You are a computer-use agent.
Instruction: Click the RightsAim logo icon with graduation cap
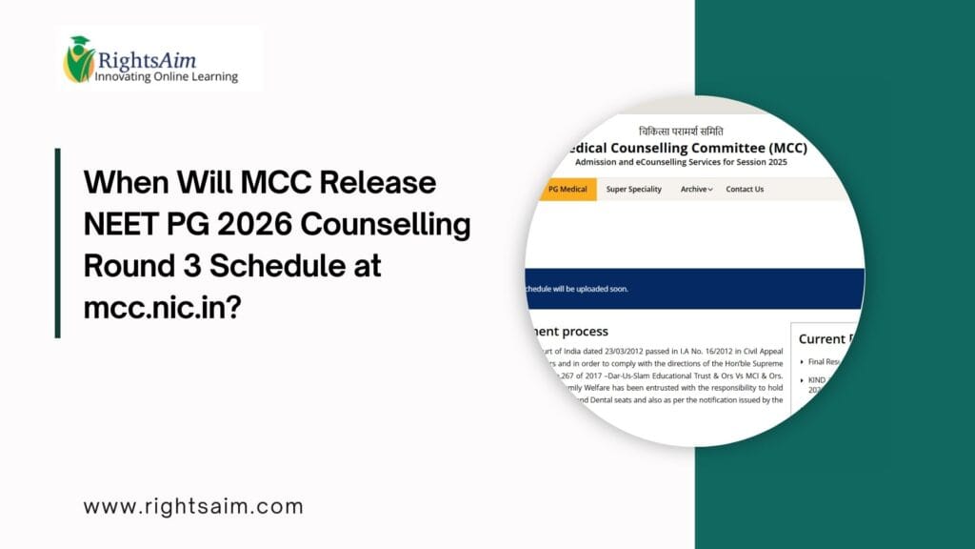[x=78, y=59]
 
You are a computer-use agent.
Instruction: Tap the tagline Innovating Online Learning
[x=166, y=76]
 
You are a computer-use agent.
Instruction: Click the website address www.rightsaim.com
[x=193, y=507]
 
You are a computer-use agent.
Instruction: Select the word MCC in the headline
[x=265, y=182]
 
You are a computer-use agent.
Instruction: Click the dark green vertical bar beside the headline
[x=58, y=242]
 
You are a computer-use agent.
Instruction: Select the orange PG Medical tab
[x=568, y=189]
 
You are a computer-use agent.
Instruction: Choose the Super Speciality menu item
[x=634, y=189]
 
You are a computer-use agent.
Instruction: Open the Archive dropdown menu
[x=696, y=189]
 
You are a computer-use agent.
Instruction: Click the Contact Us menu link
[x=745, y=189]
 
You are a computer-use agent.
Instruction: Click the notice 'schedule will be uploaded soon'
[x=577, y=288]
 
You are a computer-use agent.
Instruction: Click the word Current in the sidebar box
[x=822, y=338]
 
